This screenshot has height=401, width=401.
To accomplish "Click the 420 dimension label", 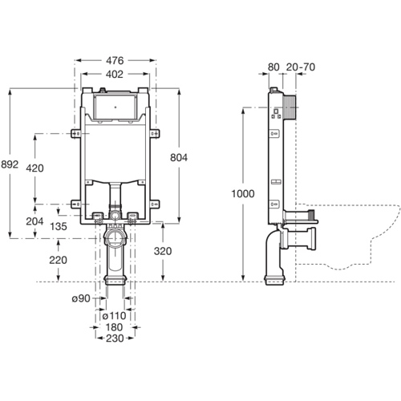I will point(35,168).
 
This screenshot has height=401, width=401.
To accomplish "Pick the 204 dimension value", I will point(35,221).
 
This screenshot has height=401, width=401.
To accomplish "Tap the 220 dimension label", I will point(58,260).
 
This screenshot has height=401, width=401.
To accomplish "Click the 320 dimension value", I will point(163,250).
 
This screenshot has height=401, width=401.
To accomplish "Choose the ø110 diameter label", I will point(119,314).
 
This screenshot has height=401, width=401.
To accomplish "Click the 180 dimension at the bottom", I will point(117,327).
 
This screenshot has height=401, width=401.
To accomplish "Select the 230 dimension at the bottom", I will point(117,340).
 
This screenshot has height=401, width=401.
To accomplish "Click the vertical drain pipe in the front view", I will point(117,257).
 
